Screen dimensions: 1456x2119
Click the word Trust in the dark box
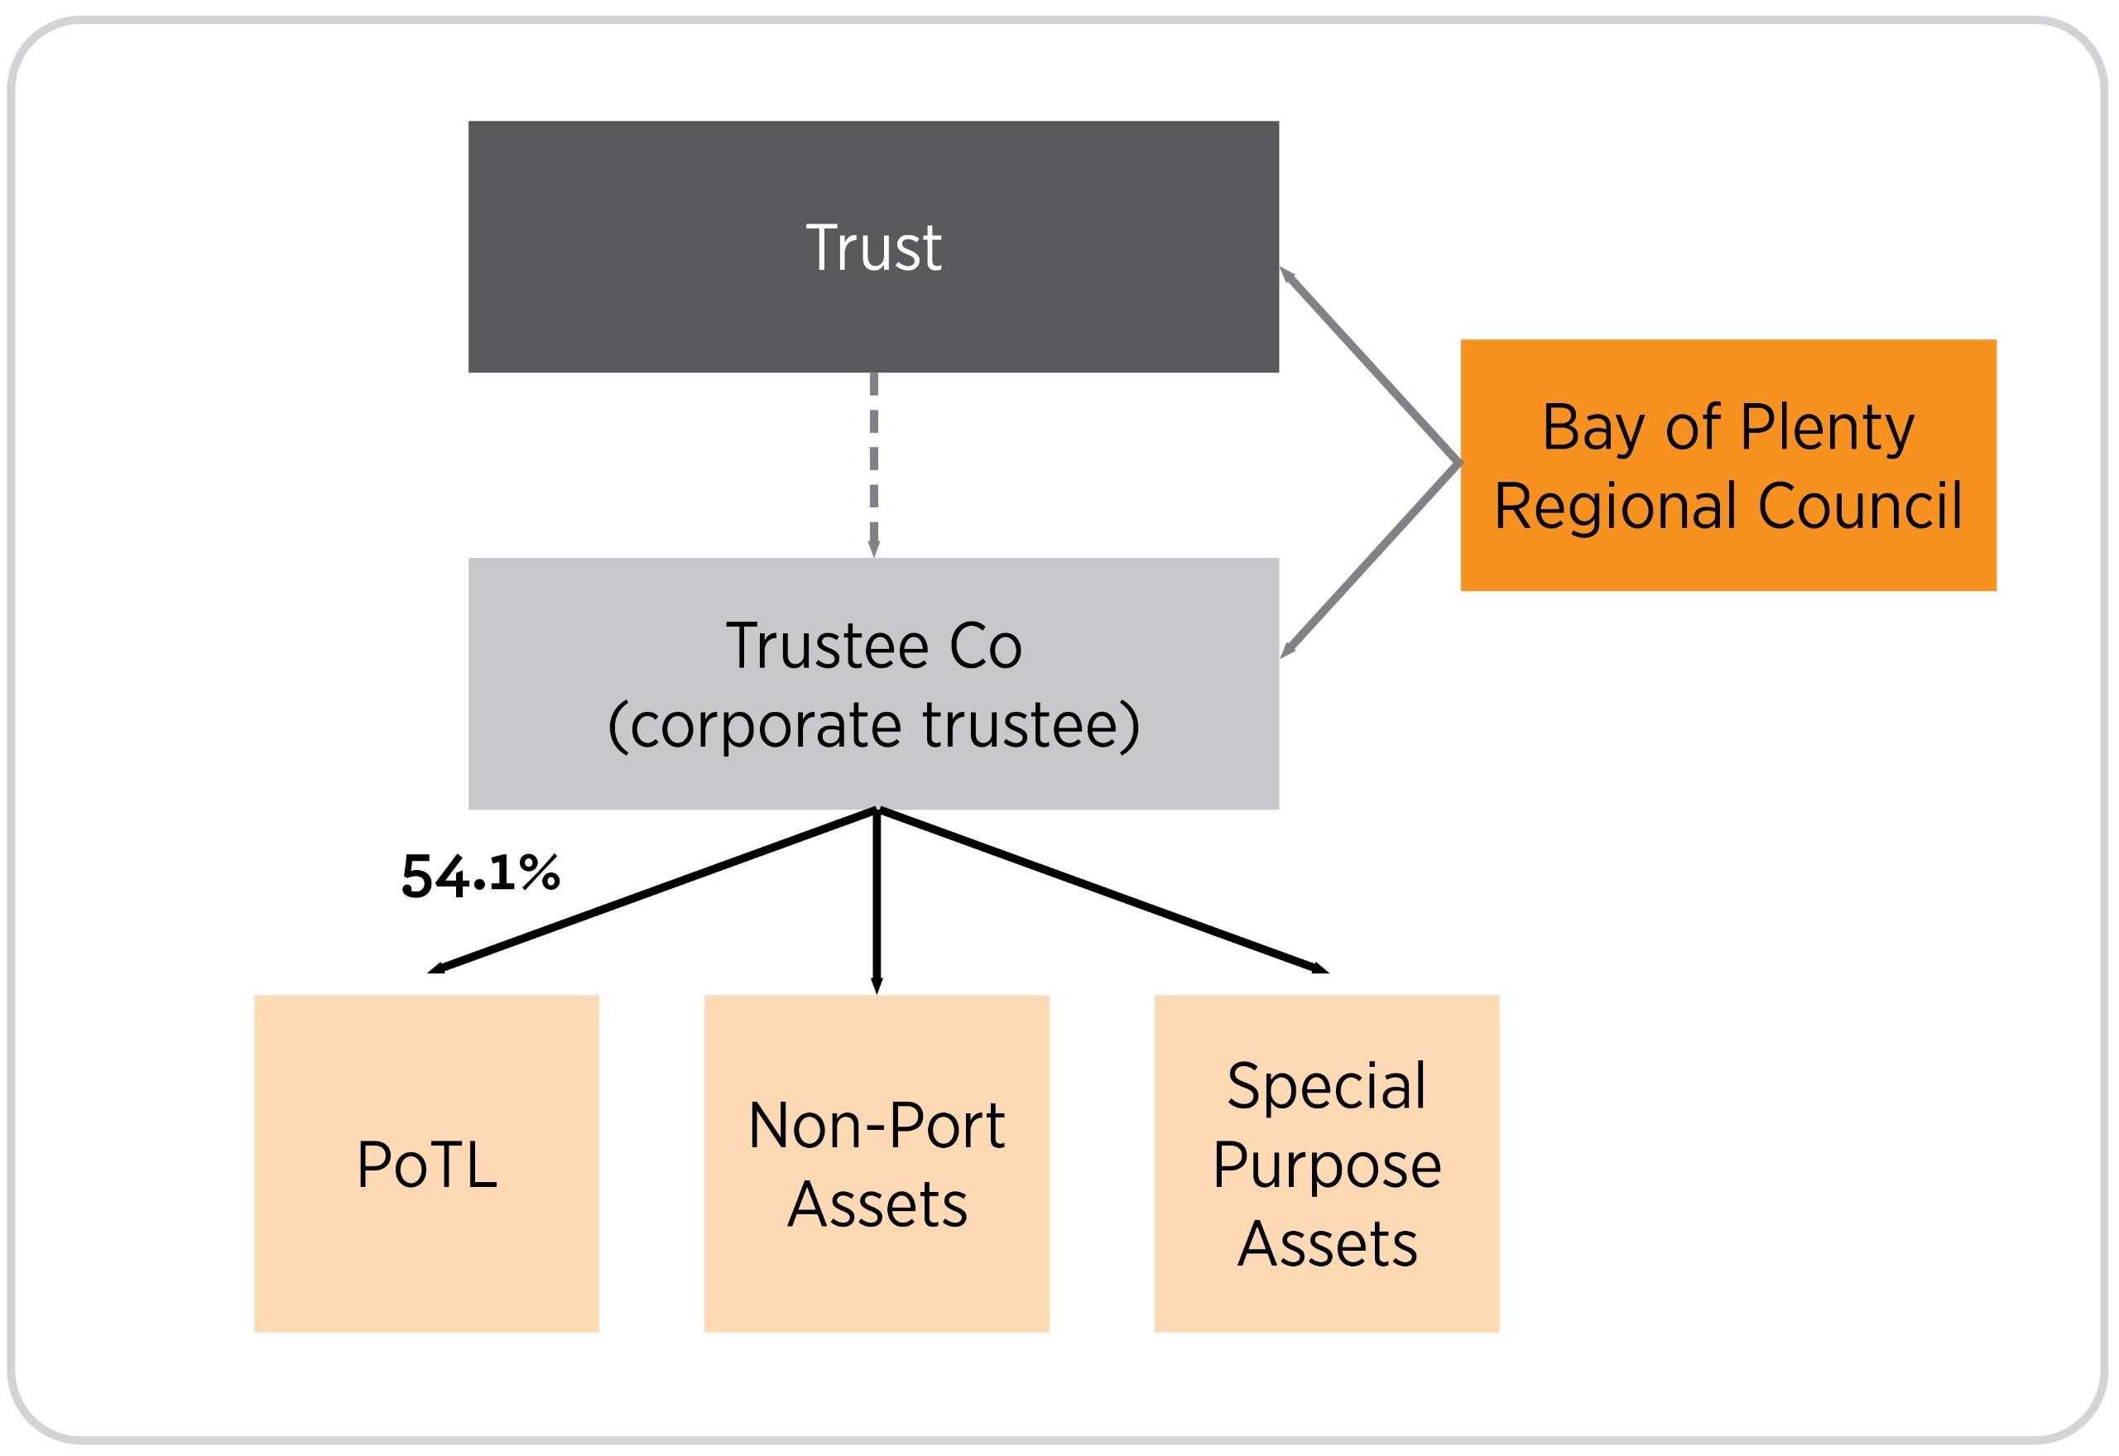pyautogui.click(x=873, y=247)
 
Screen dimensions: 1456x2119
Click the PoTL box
pyautogui.click(x=426, y=1163)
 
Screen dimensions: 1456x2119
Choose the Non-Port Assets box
pyautogui.click(x=876, y=1163)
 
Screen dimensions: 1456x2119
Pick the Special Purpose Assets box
pyautogui.click(x=1326, y=1163)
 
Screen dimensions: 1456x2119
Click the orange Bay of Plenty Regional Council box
pyautogui.click(x=1727, y=465)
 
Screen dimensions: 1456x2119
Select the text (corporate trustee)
pyautogui.click(x=873, y=725)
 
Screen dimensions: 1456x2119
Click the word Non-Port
pyautogui.click(x=876, y=1125)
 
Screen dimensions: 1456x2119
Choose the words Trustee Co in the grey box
pyautogui.click(x=873, y=646)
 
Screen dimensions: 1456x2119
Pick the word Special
pyautogui.click(x=1326, y=1086)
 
